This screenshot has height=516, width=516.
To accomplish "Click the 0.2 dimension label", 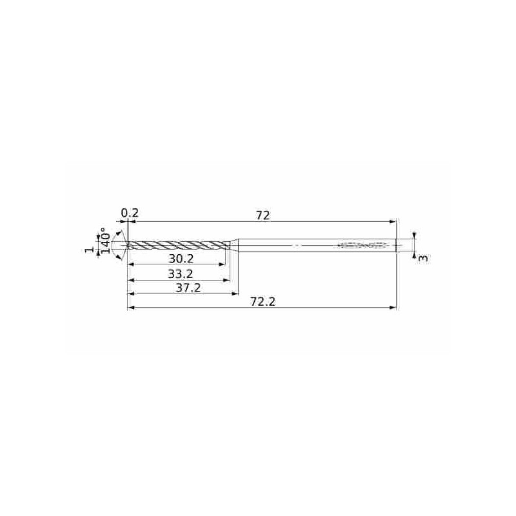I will [130, 213].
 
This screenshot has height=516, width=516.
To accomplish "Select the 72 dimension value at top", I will [262, 215].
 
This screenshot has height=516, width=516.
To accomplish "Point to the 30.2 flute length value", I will [181, 258].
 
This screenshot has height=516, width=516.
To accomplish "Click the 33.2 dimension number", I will [181, 274].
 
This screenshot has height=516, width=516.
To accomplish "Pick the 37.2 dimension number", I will [188, 288].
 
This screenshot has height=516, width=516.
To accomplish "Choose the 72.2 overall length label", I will [263, 302].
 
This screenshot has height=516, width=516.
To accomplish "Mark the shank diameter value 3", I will [422, 258].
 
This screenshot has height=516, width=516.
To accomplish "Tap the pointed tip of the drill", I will [129, 245].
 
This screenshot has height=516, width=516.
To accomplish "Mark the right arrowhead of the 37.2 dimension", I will [235, 294].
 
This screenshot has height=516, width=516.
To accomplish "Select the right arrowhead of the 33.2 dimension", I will [227, 280].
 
